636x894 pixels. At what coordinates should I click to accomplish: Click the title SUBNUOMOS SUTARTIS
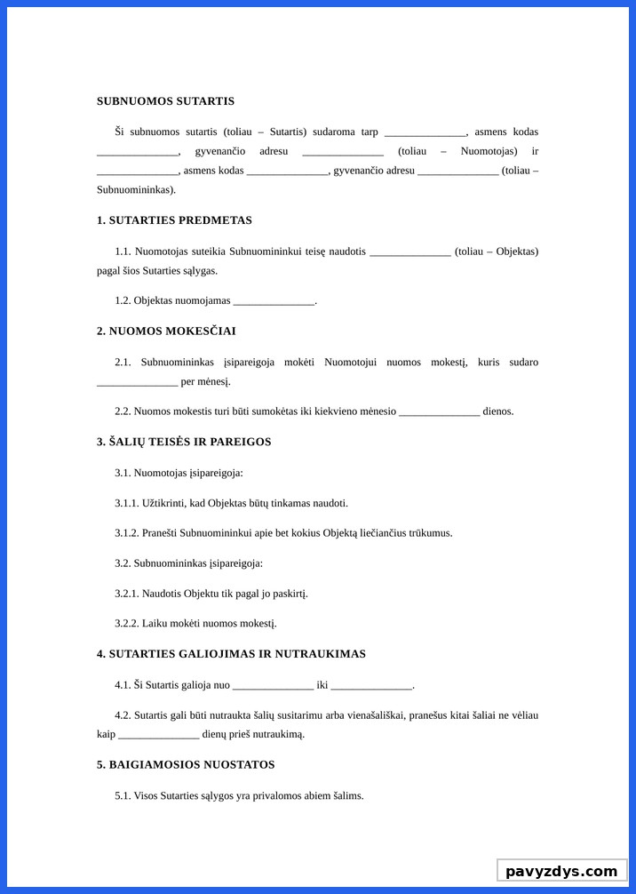pos(165,101)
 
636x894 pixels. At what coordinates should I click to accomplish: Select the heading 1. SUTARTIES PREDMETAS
pos(174,220)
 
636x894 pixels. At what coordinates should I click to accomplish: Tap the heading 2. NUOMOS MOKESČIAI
pos(166,331)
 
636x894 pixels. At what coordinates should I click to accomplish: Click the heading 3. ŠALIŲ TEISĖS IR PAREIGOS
pos(184,442)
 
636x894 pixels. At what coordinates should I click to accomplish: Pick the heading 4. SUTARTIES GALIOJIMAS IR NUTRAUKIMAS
pos(231,654)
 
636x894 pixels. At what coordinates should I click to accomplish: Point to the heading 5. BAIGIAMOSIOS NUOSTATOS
pos(186,764)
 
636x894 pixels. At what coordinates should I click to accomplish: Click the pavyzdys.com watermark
pos(560,871)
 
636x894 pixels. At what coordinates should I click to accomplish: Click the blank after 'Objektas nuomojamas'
pos(274,301)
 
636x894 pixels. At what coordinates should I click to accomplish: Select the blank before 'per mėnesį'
pos(137,382)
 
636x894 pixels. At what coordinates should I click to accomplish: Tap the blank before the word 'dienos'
pos(440,411)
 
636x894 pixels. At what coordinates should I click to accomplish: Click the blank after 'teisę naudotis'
pos(409,252)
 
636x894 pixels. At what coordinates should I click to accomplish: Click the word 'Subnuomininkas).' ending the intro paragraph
pos(136,190)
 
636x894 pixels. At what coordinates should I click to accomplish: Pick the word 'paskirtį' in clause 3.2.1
pos(290,594)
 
